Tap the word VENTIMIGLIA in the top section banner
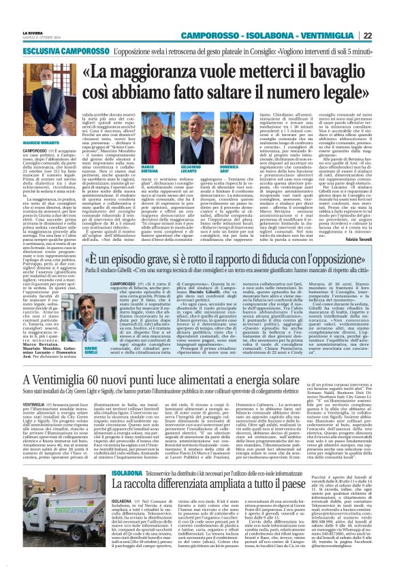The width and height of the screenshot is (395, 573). (333, 35)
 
